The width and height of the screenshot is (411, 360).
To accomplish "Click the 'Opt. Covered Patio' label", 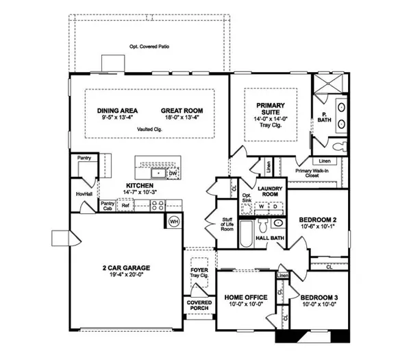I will pyautogui.click(x=149, y=47).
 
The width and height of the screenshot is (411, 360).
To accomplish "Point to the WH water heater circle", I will pyautogui.click(x=173, y=221).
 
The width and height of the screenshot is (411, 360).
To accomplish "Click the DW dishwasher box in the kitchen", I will pyautogui.click(x=173, y=173).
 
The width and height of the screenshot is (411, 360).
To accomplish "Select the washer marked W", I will pyautogui.click(x=261, y=206).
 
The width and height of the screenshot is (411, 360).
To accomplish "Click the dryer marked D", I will pyautogui.click(x=275, y=206).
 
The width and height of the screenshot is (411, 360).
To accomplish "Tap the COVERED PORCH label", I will pyautogui.click(x=198, y=304).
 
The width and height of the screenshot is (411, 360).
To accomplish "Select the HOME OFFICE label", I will pyautogui.click(x=245, y=296).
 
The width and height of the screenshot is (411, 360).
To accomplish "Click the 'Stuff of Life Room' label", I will pyautogui.click(x=227, y=224).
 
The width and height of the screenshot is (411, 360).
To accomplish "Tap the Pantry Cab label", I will pyautogui.click(x=108, y=204).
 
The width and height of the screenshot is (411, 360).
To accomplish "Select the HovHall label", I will pyautogui.click(x=84, y=194).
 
